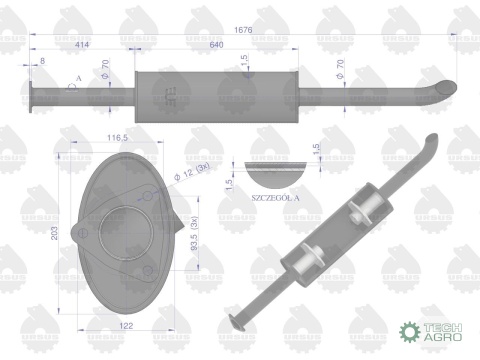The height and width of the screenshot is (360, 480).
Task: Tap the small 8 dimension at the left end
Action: pos(41,63)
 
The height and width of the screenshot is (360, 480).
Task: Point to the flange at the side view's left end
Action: pos(34,96)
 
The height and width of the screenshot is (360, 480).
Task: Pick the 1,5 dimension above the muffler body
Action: pos(245,60)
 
